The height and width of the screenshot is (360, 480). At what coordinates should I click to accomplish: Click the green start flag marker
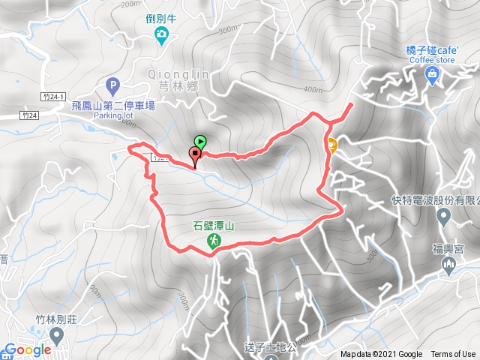pos(200,140)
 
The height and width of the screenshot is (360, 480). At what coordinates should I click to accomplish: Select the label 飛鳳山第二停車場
pos(114,106)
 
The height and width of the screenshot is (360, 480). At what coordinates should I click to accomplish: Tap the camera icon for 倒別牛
pos(160,34)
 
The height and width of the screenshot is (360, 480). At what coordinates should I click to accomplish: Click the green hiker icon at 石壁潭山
pos(214,241)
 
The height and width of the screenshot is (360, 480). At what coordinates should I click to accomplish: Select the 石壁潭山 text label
pos(214,225)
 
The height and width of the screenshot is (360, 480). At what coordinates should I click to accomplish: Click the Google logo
pos(26,349)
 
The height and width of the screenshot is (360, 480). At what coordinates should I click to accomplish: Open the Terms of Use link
pos(453,355)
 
